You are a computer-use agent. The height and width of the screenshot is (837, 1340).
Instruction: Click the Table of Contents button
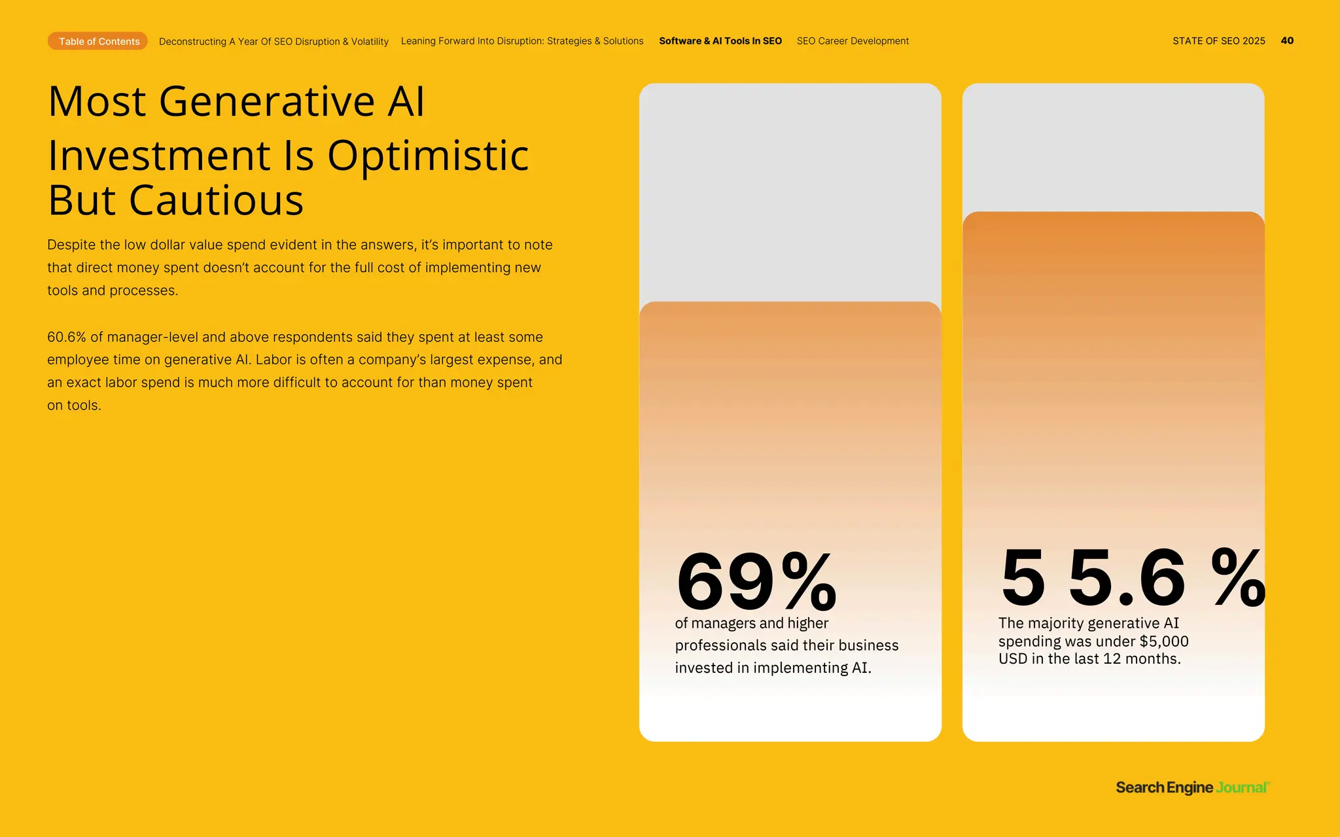tap(98, 41)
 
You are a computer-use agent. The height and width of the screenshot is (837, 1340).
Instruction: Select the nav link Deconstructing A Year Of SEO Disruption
tap(273, 41)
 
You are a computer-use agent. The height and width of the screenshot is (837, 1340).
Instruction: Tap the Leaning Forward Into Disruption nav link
tap(521, 41)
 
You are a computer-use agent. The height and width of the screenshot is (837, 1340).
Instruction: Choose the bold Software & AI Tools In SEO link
tap(720, 41)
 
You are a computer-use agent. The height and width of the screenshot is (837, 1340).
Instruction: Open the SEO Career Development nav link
tap(852, 41)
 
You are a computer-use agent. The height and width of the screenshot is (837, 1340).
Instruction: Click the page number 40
tap(1286, 41)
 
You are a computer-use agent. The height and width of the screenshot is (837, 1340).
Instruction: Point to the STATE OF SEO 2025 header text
tap(1218, 41)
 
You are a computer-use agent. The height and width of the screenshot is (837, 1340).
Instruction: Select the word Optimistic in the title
tap(428, 156)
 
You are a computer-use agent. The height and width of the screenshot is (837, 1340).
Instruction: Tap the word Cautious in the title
tap(216, 201)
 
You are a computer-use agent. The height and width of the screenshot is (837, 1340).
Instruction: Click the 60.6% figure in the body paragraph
tap(66, 337)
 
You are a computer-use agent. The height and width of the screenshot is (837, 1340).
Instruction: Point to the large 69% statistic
tap(756, 581)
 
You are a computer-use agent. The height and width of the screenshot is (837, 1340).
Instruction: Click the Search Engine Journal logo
tap(1192, 787)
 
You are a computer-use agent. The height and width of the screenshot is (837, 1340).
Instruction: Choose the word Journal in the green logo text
tap(1242, 787)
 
